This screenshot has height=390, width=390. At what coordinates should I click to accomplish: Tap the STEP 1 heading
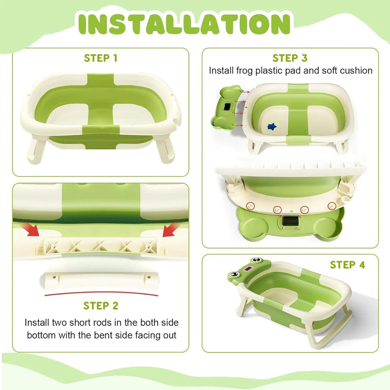tap(100, 58)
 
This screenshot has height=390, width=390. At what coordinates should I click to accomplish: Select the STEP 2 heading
tap(100, 306)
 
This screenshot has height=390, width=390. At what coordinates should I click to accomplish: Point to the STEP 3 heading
tap(290, 58)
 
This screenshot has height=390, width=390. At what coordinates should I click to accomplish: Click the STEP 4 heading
tap(347, 265)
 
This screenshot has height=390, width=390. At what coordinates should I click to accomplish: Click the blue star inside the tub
tap(272, 126)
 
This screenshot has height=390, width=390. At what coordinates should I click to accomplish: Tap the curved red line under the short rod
tap(101, 294)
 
